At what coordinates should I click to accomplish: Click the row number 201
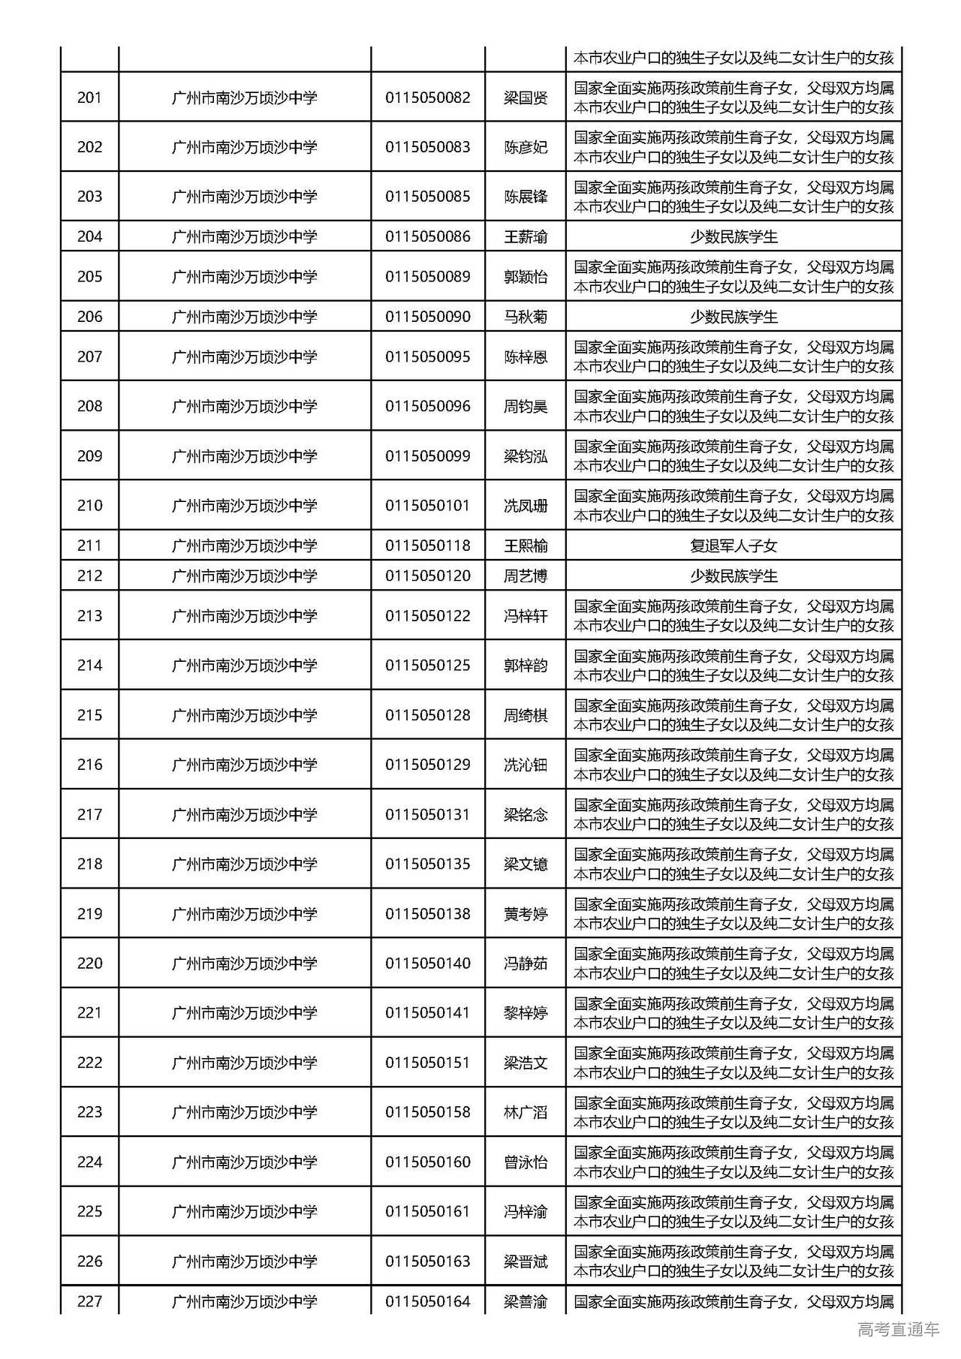[89, 98]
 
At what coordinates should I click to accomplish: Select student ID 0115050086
[428, 236]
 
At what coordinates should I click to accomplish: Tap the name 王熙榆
[526, 546]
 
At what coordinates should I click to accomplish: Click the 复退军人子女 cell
[734, 546]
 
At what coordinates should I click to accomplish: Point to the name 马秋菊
[526, 317]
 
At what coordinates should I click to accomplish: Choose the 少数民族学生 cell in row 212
[734, 576]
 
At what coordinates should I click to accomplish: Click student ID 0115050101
[428, 505]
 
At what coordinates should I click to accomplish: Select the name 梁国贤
[526, 98]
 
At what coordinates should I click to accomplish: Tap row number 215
[89, 715]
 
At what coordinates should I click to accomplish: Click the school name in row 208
[245, 406]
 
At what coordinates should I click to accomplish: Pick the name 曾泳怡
[526, 1162]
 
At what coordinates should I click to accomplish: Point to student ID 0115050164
[428, 1301]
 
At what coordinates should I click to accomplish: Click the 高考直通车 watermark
[898, 1329]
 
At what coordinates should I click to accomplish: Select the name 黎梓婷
[526, 1013]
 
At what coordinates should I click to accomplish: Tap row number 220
[89, 963]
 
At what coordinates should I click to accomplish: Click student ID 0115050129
[428, 765]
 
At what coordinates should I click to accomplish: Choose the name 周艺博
[526, 576]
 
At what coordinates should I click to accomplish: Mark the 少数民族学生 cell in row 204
[734, 236]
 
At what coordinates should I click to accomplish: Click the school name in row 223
[245, 1112]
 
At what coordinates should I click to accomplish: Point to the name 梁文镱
[526, 864]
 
